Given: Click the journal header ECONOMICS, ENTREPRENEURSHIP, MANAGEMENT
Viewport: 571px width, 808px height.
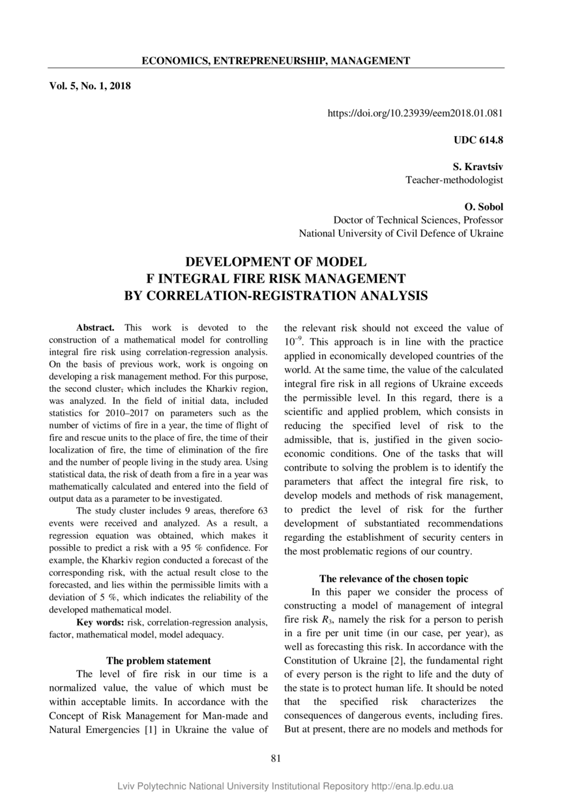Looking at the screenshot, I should (x=276, y=61).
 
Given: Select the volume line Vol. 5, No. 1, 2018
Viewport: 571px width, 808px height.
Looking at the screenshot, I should (x=90, y=85).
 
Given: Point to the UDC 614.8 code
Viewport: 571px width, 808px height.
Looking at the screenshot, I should (x=478, y=139).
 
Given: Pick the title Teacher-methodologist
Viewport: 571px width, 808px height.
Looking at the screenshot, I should (x=454, y=179).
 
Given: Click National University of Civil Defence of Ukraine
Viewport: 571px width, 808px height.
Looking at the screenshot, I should (x=401, y=233).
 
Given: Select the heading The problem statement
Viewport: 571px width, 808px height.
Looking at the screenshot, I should (x=158, y=660).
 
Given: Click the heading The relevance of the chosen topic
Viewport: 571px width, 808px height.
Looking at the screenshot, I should (x=394, y=579).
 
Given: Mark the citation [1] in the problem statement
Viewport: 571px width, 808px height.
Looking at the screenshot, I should (x=150, y=729).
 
